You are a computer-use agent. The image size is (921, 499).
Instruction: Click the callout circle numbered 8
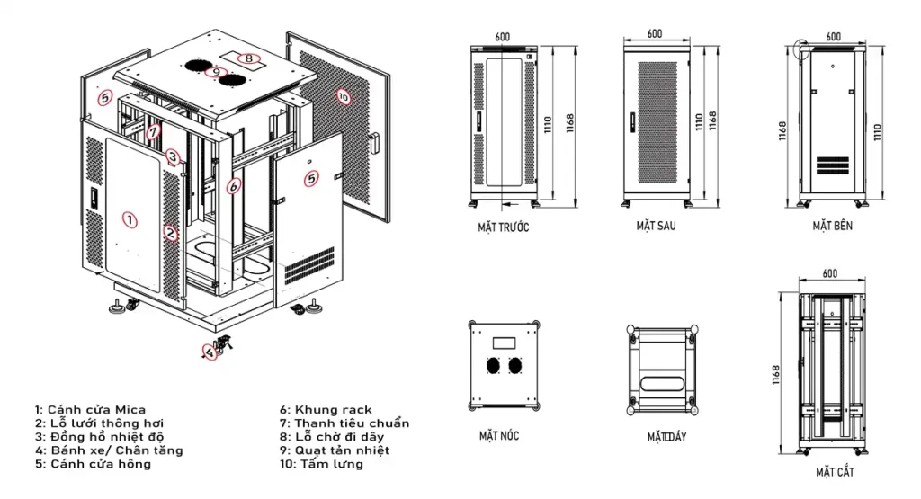pyautogui.click(x=249, y=58)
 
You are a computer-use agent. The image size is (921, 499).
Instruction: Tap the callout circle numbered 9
pyautogui.click(x=216, y=72)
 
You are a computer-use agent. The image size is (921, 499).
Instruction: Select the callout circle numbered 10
pyautogui.click(x=344, y=97)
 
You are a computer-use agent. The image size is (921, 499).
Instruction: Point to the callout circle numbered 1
pyautogui.click(x=130, y=220)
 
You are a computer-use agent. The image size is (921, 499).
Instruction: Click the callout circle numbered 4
pyautogui.click(x=210, y=352)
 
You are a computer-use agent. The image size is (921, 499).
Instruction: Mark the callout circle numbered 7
pyautogui.click(x=153, y=131)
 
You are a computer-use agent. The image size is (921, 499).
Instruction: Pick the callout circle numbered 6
pyautogui.click(x=234, y=186)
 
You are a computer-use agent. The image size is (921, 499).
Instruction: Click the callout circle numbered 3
pyautogui.click(x=172, y=156)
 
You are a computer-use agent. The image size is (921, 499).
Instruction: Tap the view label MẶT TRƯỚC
pyautogui.click(x=504, y=227)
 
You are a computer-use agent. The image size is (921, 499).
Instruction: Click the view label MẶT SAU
pyautogui.click(x=656, y=226)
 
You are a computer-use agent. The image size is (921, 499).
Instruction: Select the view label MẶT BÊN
pyautogui.click(x=832, y=226)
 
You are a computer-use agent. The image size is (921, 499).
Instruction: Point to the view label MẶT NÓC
pyautogui.click(x=499, y=435)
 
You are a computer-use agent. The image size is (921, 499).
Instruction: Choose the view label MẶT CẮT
pyautogui.click(x=835, y=472)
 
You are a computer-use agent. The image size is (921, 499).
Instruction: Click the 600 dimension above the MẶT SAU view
pyautogui.click(x=655, y=34)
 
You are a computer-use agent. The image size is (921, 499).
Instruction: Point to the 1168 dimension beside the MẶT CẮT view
pyautogui.click(x=775, y=375)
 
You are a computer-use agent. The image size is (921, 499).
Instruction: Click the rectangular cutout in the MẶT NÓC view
pyautogui.click(x=504, y=343)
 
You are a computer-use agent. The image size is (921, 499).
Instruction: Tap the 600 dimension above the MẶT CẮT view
pyautogui.click(x=830, y=273)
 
